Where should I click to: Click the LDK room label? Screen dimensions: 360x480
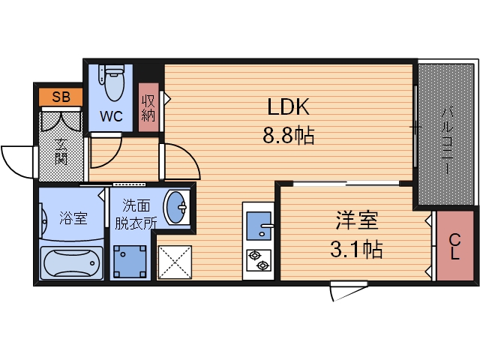point(289,106)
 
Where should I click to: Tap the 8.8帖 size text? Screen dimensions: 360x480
point(289,136)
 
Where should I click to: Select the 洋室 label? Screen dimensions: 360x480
point(357,221)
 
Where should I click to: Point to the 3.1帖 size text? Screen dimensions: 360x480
point(357,248)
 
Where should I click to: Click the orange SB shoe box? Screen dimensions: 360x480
point(61,97)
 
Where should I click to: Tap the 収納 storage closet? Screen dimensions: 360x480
point(148,105)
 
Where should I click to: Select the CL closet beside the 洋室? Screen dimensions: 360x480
point(454,246)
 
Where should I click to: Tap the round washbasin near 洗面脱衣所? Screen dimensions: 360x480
point(176,208)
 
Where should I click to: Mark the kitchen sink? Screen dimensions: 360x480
point(260,226)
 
